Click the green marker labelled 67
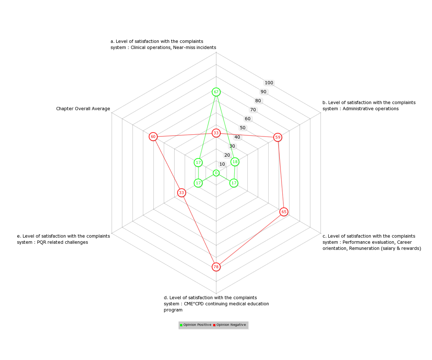[x=216, y=92]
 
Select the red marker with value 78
[x=216, y=267]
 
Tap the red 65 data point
[x=284, y=212]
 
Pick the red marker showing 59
[x=278, y=137]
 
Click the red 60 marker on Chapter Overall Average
[x=153, y=136]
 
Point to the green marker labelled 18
[x=235, y=162]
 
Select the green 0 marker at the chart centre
[x=216, y=173]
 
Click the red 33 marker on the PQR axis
[x=181, y=193]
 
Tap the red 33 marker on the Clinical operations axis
[x=216, y=133]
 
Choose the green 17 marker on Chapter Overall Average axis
[x=198, y=162]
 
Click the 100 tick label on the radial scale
[x=269, y=83]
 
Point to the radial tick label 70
[x=253, y=110]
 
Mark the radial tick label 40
[x=237, y=137]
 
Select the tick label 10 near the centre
[x=222, y=164]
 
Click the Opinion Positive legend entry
[x=195, y=325]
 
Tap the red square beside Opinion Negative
[x=214, y=325]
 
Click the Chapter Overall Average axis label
[x=83, y=109]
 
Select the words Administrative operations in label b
[x=370, y=109]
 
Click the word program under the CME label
[x=173, y=310]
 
